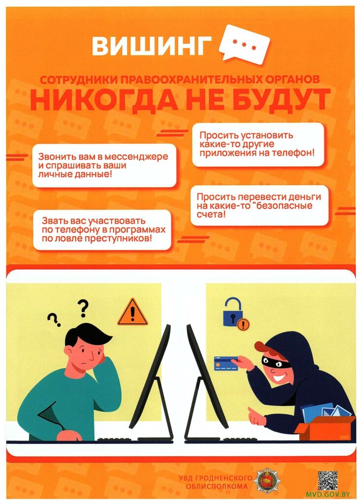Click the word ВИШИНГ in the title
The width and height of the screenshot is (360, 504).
coord(152,46)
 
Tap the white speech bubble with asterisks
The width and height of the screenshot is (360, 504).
coord(244,44)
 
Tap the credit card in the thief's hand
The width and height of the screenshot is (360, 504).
coord(226,363)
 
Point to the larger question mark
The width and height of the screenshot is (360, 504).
coord(83,308)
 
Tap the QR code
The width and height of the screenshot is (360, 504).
coord(328,480)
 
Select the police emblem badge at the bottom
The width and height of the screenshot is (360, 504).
coord(266,480)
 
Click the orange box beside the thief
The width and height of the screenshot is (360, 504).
coord(325,428)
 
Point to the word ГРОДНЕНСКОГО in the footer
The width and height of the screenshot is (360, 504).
coord(215,478)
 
